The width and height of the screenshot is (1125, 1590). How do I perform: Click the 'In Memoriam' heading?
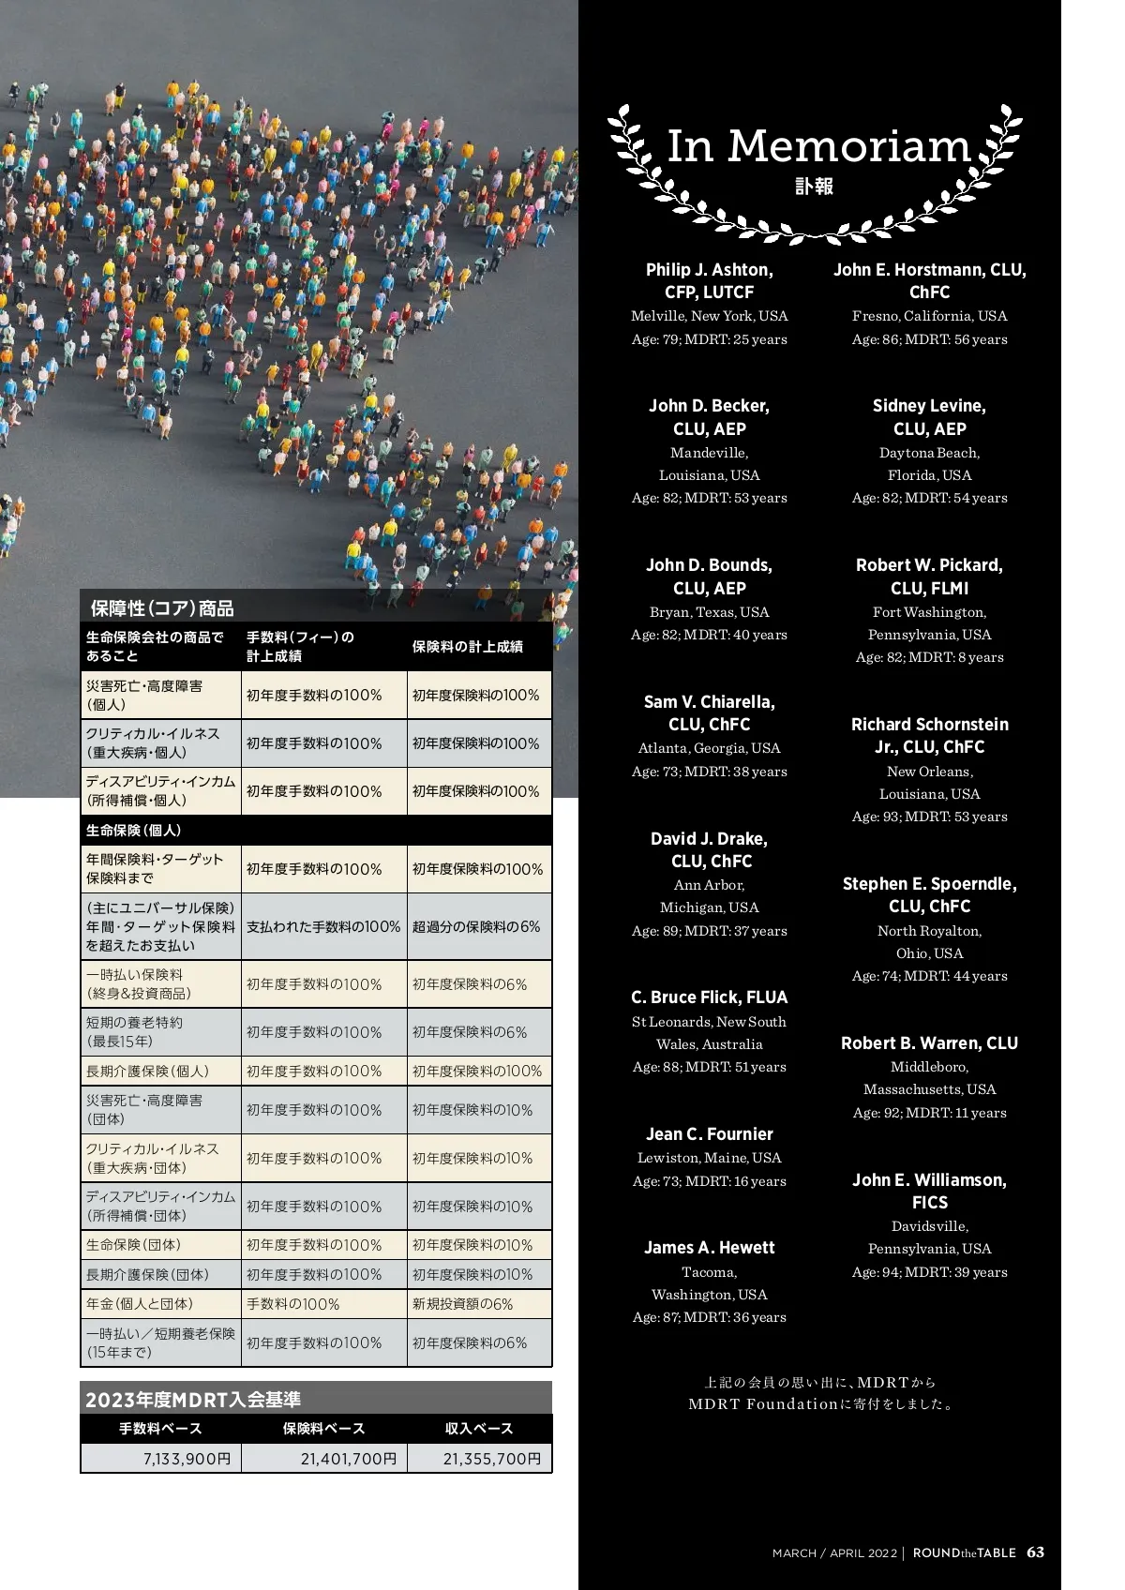point(817,146)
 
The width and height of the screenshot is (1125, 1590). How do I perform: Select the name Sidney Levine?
point(929,406)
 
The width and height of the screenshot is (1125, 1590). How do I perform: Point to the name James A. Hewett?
point(709,1248)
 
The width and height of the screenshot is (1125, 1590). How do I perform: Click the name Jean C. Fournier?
point(709,1134)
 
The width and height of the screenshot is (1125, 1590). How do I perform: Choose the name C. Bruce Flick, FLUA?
point(709,997)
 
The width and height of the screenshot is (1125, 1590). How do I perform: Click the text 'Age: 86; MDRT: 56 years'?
point(929,339)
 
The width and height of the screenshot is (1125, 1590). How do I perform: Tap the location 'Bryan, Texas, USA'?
point(709,612)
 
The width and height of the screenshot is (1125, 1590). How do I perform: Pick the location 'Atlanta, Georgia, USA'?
point(709,748)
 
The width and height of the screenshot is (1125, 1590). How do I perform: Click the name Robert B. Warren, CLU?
point(929,1043)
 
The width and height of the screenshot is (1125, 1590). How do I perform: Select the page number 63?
point(1035,1552)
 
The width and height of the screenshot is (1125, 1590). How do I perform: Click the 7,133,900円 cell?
point(187,1459)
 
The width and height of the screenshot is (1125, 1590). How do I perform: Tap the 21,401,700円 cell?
point(349,1459)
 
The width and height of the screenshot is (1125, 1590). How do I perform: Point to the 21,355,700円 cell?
point(491,1459)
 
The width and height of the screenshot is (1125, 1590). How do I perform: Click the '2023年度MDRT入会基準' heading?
point(193,1400)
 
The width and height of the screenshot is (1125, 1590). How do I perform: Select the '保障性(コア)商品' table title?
point(162,608)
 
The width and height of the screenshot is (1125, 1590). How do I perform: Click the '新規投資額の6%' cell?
point(463,1304)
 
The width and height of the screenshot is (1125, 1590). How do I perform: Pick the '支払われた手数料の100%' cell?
point(323,926)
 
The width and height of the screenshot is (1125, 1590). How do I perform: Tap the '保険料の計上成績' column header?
point(468,647)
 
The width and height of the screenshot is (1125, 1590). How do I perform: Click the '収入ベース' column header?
point(479,1429)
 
